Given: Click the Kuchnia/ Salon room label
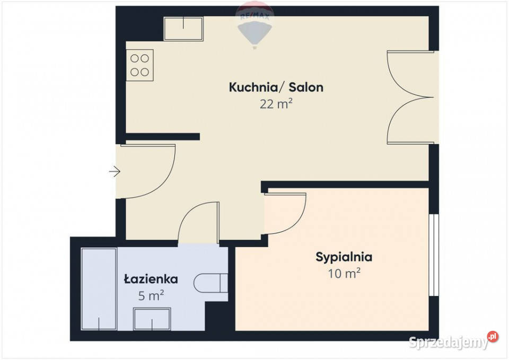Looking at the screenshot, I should coord(276,87).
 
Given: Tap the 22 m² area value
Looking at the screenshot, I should coord(276,104).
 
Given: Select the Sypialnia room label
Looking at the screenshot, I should coord(344,257).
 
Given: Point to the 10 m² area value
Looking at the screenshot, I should coord(344,274).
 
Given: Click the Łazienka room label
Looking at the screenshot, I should coord(151,279).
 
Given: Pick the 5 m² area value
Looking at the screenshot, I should coord(151,296).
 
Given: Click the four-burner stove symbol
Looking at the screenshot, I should coord(140,65).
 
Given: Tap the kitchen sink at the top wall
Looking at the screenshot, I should coord(183,28).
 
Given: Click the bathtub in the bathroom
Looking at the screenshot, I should coord(99,288).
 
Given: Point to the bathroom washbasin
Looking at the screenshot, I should coord(152,319).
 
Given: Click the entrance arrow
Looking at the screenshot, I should coord(115,171).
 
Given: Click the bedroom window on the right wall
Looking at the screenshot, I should coord(434,254).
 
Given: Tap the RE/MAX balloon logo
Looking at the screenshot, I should coord(255,24).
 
